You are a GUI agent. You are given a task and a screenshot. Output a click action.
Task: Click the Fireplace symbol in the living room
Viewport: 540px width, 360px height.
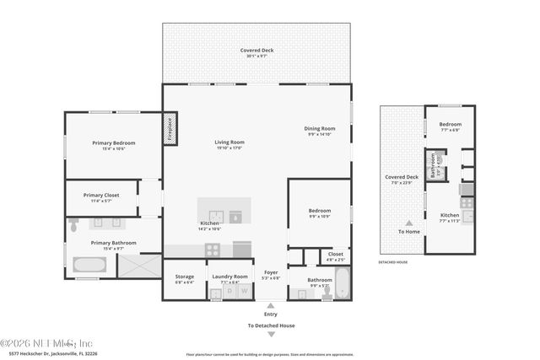point(170,131)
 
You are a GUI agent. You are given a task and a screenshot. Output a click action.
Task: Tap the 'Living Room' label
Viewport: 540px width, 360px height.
point(229,142)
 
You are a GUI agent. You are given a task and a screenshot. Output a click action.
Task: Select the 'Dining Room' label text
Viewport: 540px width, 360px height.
point(319,128)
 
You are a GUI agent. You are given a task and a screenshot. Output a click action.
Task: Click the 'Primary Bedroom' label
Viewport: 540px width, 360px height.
point(113,142)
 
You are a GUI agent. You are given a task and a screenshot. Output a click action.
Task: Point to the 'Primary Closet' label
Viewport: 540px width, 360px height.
point(101,195)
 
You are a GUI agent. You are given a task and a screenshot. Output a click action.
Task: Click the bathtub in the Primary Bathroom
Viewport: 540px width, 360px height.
point(89,266)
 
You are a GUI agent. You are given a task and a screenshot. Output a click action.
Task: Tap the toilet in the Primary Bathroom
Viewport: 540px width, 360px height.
point(74,225)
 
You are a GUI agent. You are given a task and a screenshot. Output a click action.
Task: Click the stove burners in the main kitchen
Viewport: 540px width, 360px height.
point(213,250)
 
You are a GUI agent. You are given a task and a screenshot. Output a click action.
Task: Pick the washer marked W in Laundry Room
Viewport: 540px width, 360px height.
point(244,293)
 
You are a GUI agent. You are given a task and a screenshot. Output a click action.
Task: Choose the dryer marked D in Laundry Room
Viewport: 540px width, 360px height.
point(229,293)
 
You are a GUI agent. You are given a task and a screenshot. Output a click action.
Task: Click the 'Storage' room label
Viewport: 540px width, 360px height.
point(185,277)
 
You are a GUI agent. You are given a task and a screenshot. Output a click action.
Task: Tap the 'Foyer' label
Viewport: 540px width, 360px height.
point(270,272)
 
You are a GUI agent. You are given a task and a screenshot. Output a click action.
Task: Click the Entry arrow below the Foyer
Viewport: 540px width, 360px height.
point(271,306)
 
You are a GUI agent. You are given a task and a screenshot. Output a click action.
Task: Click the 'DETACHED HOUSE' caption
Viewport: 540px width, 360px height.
point(393,262)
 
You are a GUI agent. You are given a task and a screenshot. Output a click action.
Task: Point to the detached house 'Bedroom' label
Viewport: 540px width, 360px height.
point(450,124)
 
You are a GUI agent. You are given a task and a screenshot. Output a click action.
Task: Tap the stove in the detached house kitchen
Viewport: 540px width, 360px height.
point(467,202)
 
